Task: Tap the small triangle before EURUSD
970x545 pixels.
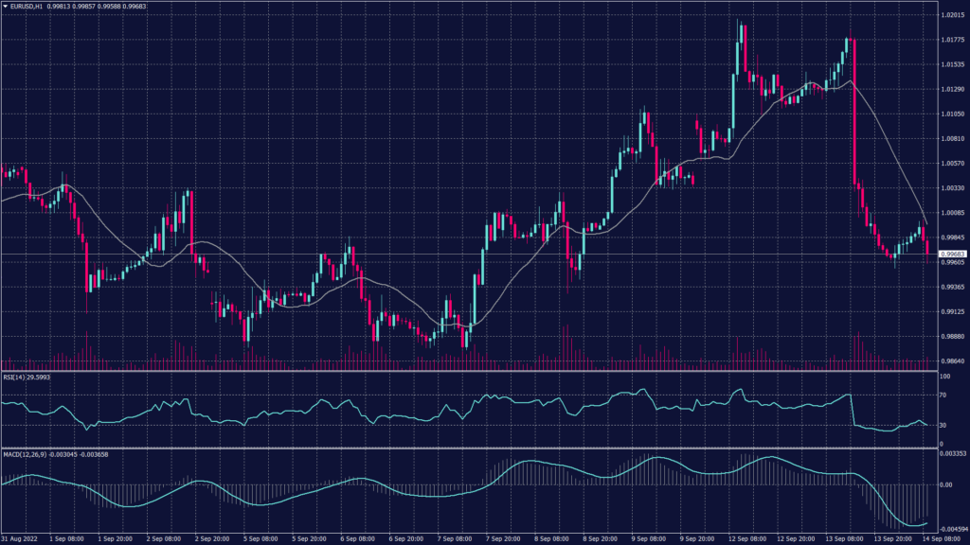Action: pos(6,7)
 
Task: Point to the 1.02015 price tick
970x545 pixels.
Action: pos(951,15)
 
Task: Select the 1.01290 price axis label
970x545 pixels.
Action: pos(951,89)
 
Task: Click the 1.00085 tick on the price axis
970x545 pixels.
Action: pos(951,213)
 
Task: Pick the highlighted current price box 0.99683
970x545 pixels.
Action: pos(951,254)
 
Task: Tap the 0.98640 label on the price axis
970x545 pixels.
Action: pos(951,360)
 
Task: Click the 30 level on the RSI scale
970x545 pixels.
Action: pos(943,425)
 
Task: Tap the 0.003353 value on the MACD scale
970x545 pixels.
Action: pos(951,454)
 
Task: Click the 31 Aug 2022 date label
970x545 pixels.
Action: pos(20,537)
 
